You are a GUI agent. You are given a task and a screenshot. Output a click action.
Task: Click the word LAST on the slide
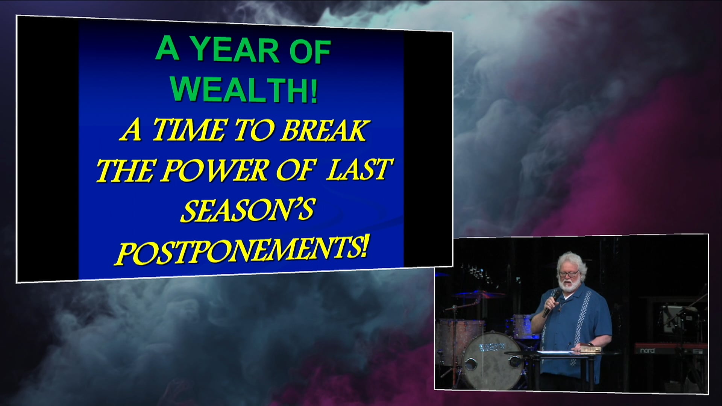tap(358, 169)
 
